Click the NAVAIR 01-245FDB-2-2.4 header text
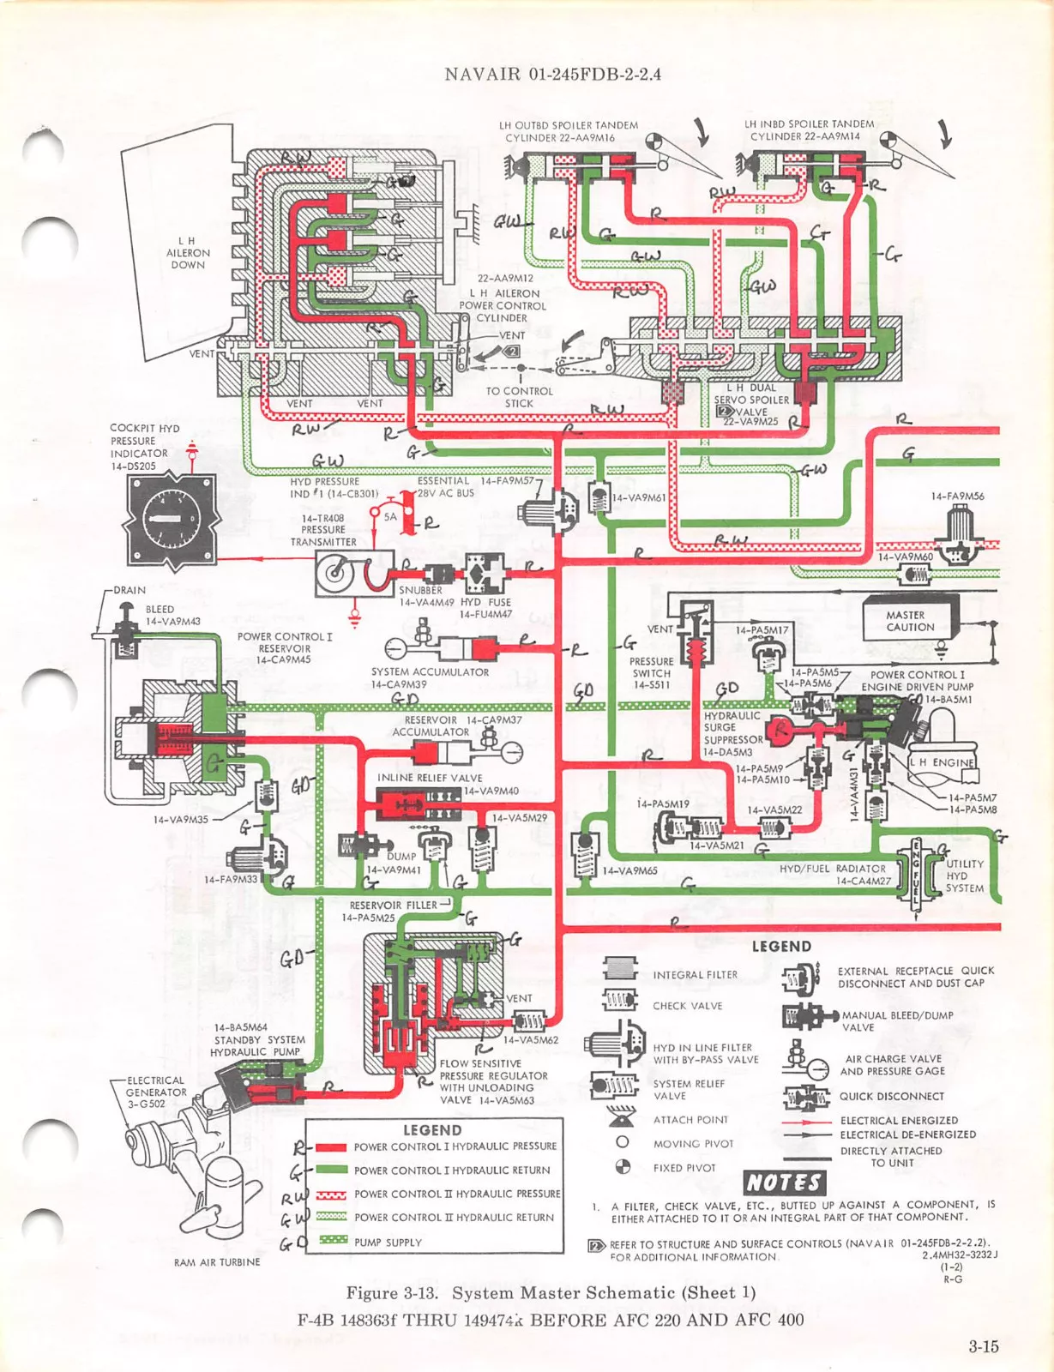pos(552,74)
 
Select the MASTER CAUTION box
pos(910,621)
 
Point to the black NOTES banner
pos(784,1182)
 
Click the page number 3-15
pos(984,1346)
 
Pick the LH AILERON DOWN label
pos(188,253)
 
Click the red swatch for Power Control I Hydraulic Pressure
pos(330,1147)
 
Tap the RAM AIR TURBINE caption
pos(217,1262)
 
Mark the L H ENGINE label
pos(942,762)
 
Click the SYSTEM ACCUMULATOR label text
pos(430,672)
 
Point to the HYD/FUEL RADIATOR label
pos(832,869)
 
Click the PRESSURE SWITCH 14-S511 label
pos(651,673)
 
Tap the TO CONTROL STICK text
pos(519,397)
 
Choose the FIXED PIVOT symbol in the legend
pos(623,1167)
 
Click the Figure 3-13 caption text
pos(551,1293)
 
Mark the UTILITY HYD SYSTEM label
pos(965,876)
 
